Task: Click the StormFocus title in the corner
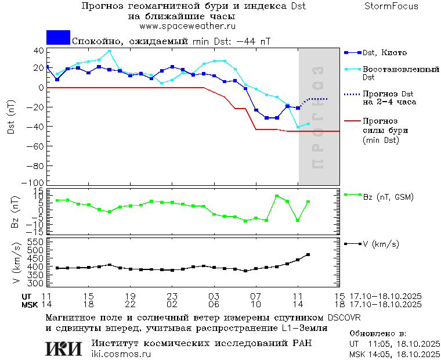pyautogui.click(x=391, y=6)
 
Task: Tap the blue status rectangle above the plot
pyautogui.click(x=58, y=38)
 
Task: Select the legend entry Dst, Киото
pyautogui.click(x=384, y=53)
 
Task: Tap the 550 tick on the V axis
pyautogui.click(x=36, y=242)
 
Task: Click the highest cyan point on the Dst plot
pyautogui.click(x=109, y=51)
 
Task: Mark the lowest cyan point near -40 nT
pyautogui.click(x=298, y=127)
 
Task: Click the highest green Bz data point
pyautogui.click(x=277, y=196)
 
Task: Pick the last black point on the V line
pyautogui.click(x=308, y=254)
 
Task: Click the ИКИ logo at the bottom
pyautogui.click(x=64, y=348)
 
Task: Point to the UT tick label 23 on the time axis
pyautogui.click(x=172, y=296)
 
